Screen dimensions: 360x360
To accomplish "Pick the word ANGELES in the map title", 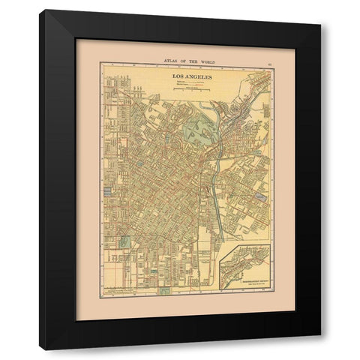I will [193, 76].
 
